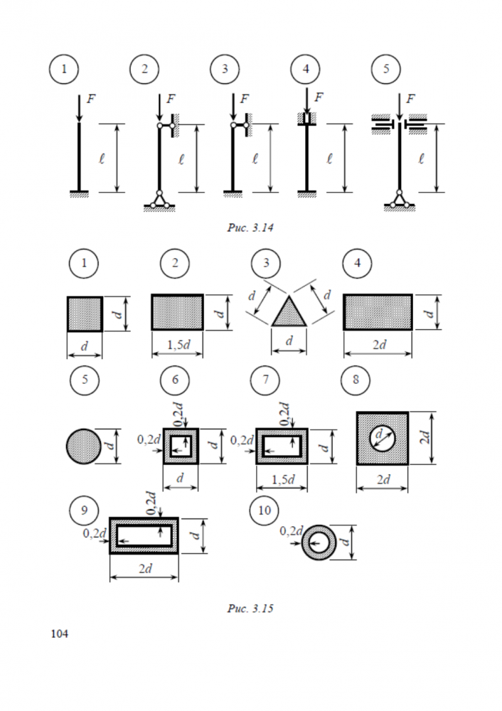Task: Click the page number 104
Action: (60, 634)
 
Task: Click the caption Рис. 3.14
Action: (250, 228)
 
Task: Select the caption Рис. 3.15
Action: (250, 608)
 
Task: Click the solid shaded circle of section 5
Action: (84, 447)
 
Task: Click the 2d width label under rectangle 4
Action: (380, 345)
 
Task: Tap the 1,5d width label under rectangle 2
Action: (178, 345)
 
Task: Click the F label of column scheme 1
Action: (91, 98)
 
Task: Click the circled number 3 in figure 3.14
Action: (225, 69)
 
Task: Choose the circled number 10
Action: (265, 510)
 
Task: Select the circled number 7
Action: (265, 380)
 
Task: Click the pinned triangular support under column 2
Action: (159, 201)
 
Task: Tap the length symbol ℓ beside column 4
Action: (330, 159)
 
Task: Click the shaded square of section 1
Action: (85, 314)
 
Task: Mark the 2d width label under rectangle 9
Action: (145, 569)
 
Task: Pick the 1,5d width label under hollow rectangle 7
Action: (283, 480)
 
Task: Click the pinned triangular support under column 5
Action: (399, 201)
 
